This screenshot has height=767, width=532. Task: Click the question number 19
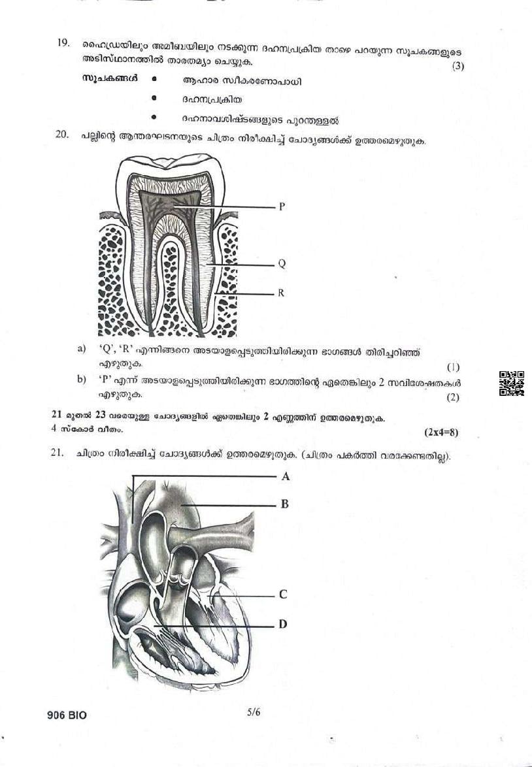click(x=63, y=42)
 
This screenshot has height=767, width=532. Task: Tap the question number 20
click(x=61, y=135)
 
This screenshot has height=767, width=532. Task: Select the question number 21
click(x=57, y=453)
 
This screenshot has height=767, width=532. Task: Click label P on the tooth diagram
click(x=282, y=206)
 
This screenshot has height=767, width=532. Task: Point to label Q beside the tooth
click(x=282, y=264)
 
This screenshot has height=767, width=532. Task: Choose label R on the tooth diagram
click(x=281, y=293)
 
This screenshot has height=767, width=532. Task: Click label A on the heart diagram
click(x=286, y=476)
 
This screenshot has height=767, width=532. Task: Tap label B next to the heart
click(x=284, y=504)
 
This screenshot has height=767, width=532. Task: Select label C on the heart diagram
click(x=283, y=595)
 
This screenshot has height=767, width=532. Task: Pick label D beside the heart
click(x=283, y=624)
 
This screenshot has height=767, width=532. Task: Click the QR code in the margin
click(x=512, y=383)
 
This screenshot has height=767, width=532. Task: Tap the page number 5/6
click(x=254, y=711)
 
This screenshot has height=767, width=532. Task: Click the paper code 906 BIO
click(x=67, y=715)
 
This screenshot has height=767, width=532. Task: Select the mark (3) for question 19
click(x=457, y=66)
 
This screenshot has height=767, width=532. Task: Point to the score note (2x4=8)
click(x=441, y=432)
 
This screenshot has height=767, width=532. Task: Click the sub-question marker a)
click(x=82, y=349)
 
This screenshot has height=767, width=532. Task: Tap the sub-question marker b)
click(x=82, y=380)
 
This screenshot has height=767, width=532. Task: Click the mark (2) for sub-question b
click(x=453, y=397)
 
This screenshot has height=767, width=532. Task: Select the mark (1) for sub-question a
click(x=453, y=367)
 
